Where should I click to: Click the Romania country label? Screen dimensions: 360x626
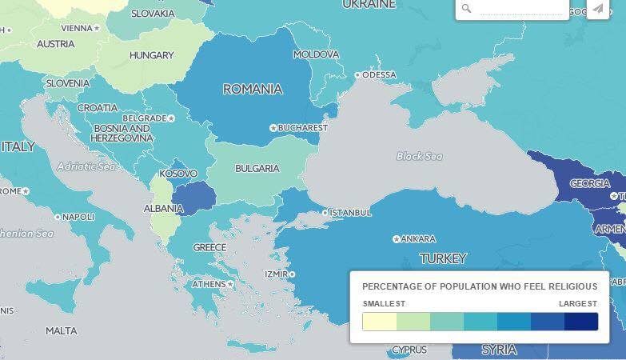pos(253,90)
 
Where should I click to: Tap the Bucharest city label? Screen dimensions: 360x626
pos(303,128)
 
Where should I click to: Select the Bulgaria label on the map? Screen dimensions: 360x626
pos(257,169)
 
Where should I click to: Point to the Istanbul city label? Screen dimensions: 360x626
pos(350,213)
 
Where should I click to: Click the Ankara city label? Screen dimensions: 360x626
pos(417,239)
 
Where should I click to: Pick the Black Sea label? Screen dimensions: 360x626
pos(419,157)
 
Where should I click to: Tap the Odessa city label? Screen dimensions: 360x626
pos(379,75)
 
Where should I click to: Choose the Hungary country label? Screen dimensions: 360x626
pos(151,55)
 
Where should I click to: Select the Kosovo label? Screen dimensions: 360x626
pos(178,174)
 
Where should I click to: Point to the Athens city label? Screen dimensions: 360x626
pos(209,284)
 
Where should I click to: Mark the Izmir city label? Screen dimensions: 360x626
pos(276,274)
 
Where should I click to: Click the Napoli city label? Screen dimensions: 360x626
pos(78,217)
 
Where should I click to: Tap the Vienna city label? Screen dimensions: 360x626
pos(77,28)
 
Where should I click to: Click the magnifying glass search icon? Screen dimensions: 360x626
pos(466,9)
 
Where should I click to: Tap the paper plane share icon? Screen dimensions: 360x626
pos(597,9)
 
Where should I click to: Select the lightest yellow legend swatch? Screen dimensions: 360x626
pos(380,322)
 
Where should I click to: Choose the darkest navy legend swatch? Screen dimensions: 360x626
pos(581,322)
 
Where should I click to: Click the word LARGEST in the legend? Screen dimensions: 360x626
pos(577,304)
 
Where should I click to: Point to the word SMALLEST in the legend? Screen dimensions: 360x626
pos(384,304)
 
